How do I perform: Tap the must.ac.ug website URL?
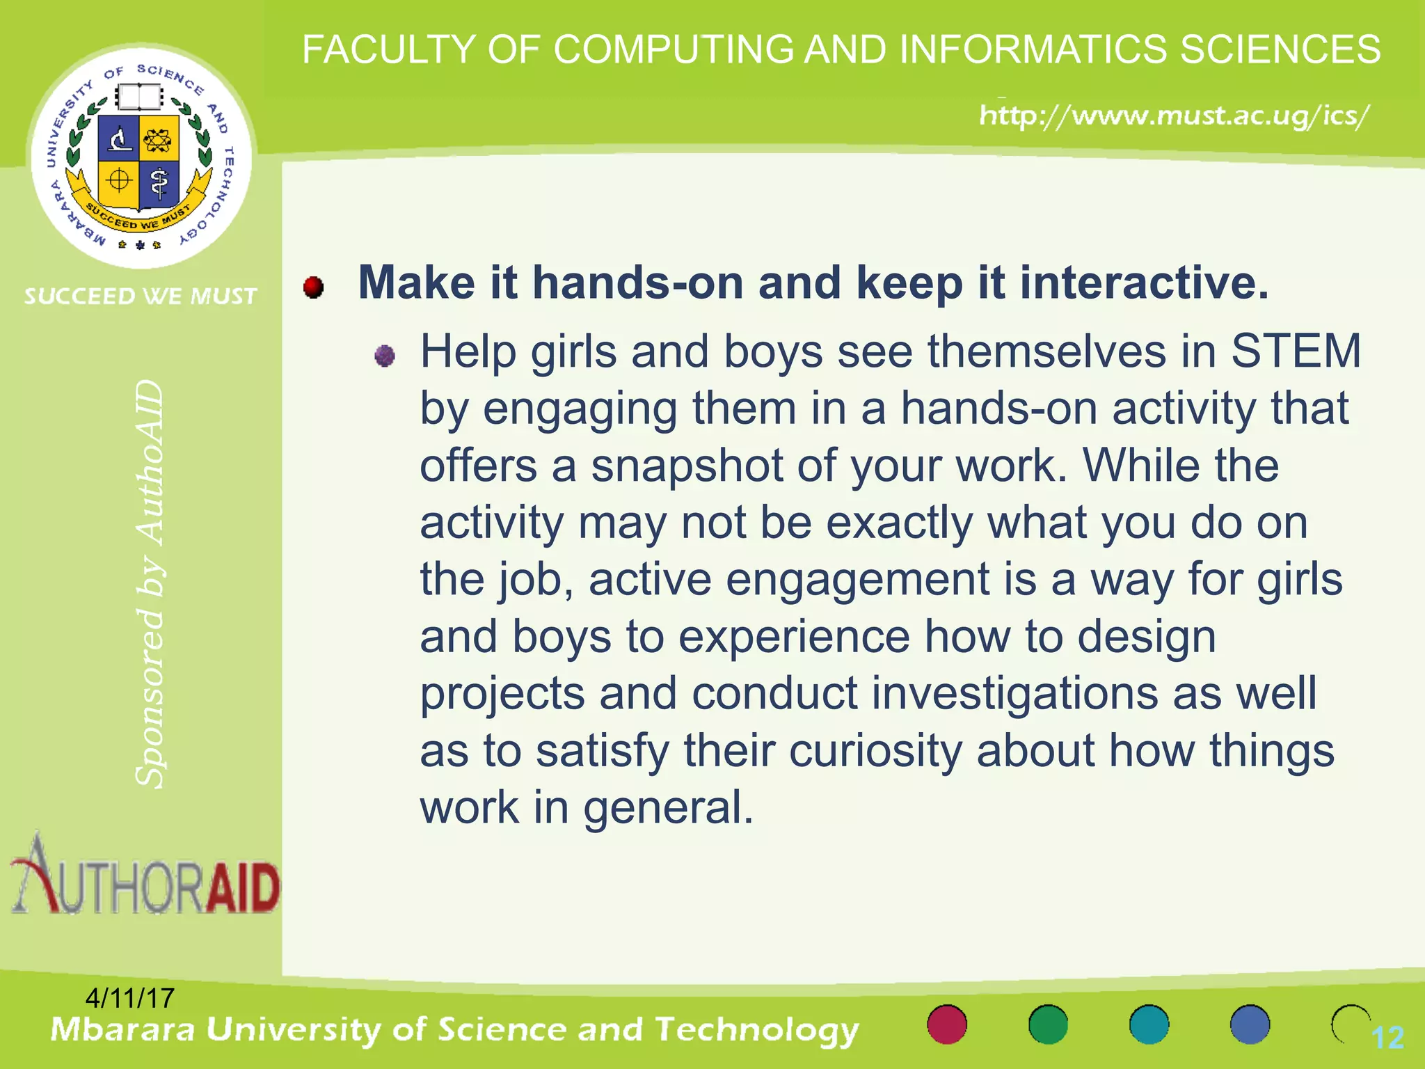coord(1175,115)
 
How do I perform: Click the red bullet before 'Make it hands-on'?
coord(314,287)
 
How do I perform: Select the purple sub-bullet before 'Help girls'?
coord(384,356)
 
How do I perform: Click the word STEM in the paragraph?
coord(1296,351)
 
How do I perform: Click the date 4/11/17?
coord(129,998)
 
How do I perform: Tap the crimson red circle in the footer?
coord(947,1024)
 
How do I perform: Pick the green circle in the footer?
coord(1048,1024)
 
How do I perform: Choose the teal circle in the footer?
coord(1149,1024)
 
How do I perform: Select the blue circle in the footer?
coord(1250,1024)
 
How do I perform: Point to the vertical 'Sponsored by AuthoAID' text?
coord(150,585)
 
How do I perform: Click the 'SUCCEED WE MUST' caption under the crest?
coord(141,296)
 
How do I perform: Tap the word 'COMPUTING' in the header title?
coord(673,50)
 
